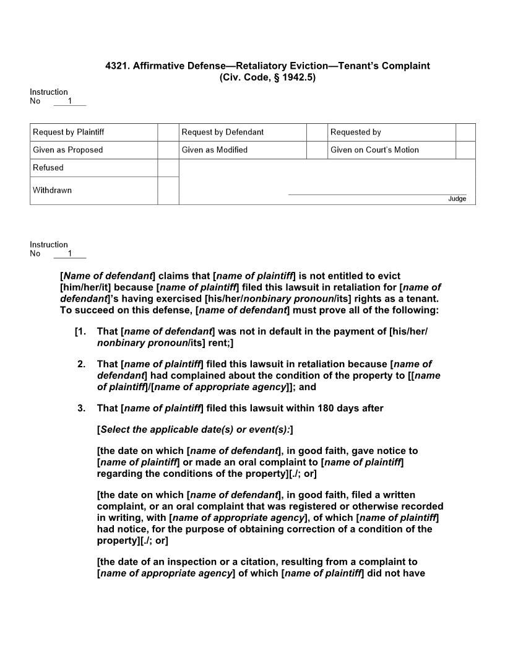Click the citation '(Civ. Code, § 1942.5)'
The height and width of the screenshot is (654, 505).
(x=267, y=77)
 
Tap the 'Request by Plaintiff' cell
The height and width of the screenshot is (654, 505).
(x=68, y=132)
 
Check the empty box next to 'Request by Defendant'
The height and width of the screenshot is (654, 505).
(x=317, y=132)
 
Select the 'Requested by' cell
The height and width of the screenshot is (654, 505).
(x=355, y=132)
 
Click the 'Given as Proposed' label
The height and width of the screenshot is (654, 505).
(x=67, y=150)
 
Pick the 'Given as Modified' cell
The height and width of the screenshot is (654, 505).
(x=214, y=150)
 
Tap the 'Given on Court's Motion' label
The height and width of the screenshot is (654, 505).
(x=374, y=150)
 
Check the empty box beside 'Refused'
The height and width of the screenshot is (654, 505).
(x=168, y=168)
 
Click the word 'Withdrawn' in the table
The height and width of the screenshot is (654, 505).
(x=52, y=190)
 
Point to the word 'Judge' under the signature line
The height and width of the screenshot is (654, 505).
(x=457, y=199)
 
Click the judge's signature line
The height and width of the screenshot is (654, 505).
(x=377, y=194)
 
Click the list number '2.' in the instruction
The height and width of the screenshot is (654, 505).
(x=81, y=364)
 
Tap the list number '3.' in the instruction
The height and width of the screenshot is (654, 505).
(x=81, y=408)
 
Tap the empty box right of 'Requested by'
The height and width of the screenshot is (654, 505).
(x=465, y=132)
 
